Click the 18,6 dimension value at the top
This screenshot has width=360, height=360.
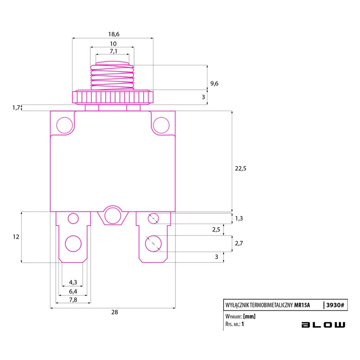(x=114, y=34)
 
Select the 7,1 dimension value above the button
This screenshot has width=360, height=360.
(x=113, y=51)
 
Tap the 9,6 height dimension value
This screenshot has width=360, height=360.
(x=214, y=84)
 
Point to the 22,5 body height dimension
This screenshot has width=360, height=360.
(x=240, y=168)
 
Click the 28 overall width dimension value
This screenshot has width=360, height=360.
(x=115, y=312)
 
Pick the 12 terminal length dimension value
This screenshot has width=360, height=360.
(x=16, y=237)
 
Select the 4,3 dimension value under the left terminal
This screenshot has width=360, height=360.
(x=73, y=282)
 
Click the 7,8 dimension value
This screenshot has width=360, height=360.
(x=73, y=300)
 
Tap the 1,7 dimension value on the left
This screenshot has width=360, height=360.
(x=16, y=108)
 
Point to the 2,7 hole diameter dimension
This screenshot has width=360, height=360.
(x=239, y=243)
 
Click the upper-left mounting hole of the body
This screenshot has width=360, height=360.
(x=64, y=125)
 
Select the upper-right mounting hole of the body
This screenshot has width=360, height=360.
(x=161, y=125)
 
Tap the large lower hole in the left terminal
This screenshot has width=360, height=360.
(x=73, y=243)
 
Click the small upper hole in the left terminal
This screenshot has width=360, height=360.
(x=73, y=218)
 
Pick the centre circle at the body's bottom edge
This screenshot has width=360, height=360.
(x=113, y=216)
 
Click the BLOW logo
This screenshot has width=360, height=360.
(x=323, y=324)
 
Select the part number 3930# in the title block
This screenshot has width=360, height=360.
(x=335, y=305)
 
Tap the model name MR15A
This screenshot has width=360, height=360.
(x=302, y=305)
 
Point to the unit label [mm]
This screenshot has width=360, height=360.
(x=249, y=316)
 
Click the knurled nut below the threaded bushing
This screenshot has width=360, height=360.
(x=113, y=97)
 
